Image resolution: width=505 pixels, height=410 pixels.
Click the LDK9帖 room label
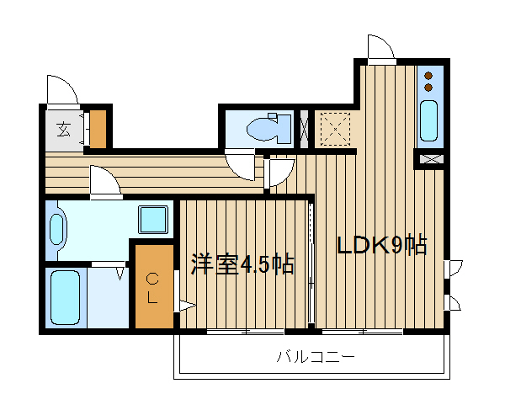382,246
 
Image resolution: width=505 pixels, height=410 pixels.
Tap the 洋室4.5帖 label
242,264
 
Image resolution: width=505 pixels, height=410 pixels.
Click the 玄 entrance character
64,130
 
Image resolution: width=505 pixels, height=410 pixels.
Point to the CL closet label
153,286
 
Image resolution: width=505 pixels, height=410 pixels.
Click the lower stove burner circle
429,86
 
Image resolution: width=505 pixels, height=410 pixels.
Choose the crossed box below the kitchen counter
430,157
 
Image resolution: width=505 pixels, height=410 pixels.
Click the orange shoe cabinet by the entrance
99,129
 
